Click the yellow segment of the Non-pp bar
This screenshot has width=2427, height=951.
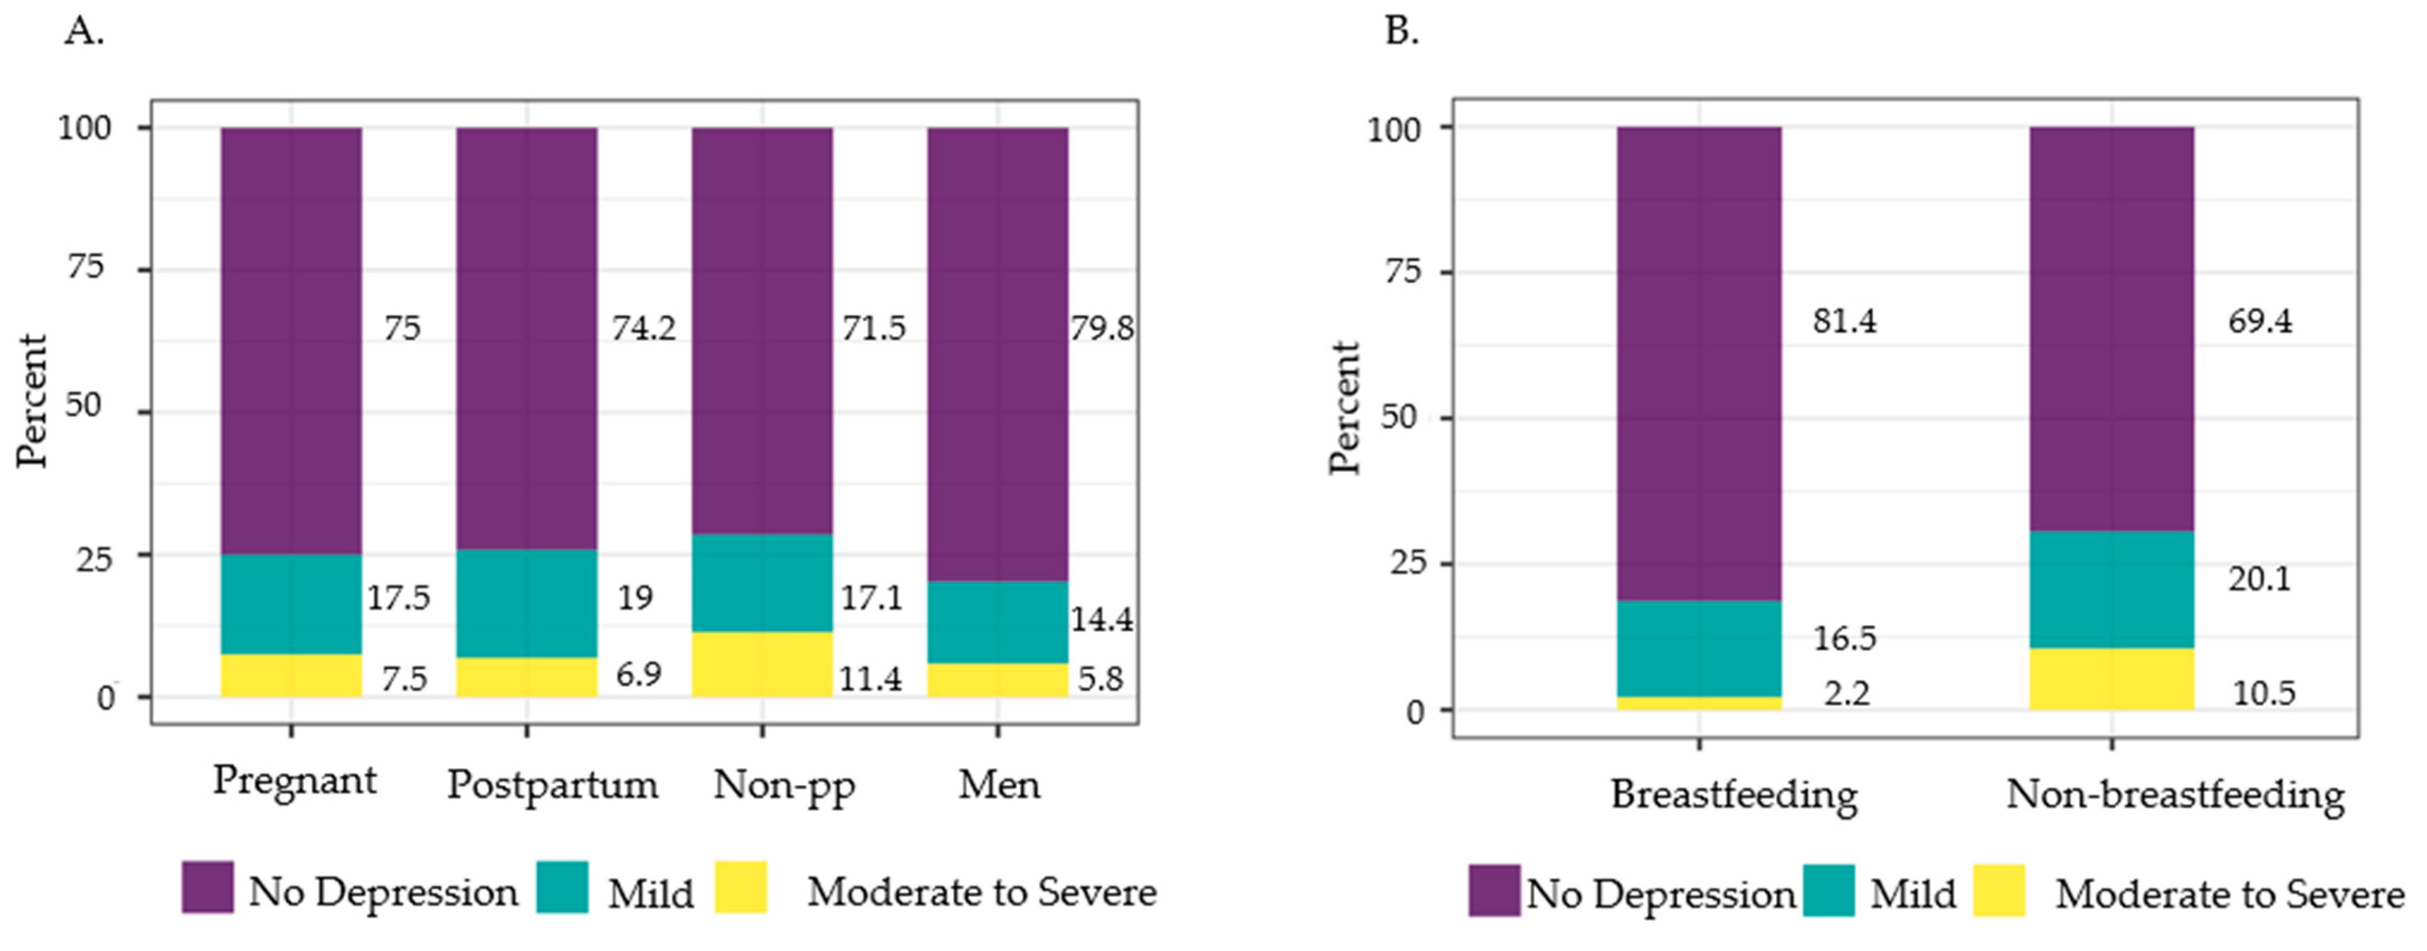pyautogui.click(x=762, y=664)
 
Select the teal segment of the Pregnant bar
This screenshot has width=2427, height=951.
pyautogui.click(x=291, y=603)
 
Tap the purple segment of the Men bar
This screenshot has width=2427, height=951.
pyautogui.click(x=998, y=354)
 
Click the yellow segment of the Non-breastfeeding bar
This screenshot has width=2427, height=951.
pyautogui.click(x=2111, y=679)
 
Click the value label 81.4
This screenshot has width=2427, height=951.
pyautogui.click(x=1845, y=321)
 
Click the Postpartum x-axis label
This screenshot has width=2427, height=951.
pyautogui.click(x=552, y=785)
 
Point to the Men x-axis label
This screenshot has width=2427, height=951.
pyautogui.click(x=999, y=784)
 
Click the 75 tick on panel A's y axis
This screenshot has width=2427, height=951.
pyautogui.click(x=85, y=268)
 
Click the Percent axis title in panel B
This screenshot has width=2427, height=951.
pyautogui.click(x=1344, y=408)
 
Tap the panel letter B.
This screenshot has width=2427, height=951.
pyautogui.click(x=1402, y=32)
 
